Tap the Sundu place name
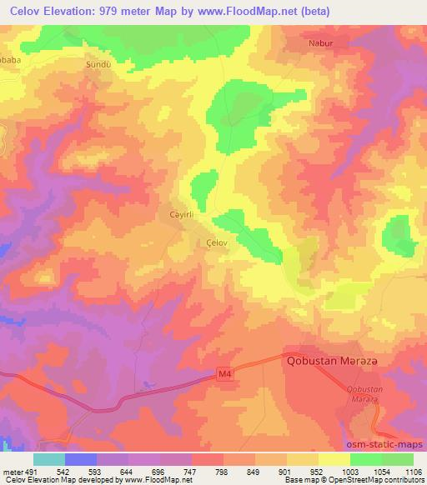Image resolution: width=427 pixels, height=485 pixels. click(98, 63)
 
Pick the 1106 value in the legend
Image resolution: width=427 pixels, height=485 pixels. click(413, 470)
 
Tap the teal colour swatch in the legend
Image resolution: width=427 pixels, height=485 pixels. click(49, 458)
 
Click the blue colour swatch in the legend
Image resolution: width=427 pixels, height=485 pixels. click(81, 458)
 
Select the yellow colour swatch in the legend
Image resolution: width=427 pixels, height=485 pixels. click(334, 458)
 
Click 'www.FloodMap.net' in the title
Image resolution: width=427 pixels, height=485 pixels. click(254, 12)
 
